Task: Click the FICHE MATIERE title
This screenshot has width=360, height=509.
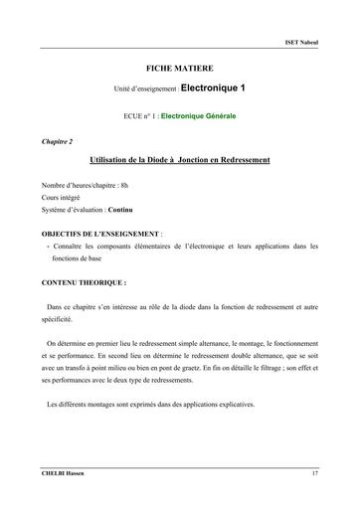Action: coord(179,66)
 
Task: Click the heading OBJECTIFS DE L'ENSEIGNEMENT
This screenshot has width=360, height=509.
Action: coord(101,232)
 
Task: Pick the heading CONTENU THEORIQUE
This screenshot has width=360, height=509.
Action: coord(84,283)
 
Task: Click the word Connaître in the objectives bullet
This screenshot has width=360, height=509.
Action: coord(70,245)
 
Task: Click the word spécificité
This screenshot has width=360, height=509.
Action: coord(58,321)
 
